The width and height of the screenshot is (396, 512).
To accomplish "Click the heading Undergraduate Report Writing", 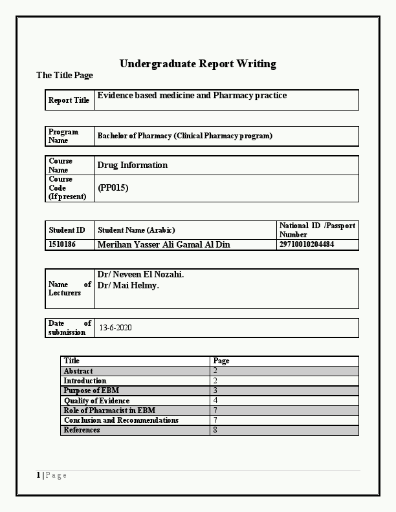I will point(197,63).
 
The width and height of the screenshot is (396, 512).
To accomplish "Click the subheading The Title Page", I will point(65,76).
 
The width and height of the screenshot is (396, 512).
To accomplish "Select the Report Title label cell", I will point(69,100).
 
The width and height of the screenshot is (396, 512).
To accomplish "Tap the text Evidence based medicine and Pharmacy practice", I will point(192,96).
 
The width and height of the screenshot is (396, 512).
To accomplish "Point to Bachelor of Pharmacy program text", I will point(184,136).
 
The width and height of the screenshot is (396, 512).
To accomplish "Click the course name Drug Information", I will point(132,165).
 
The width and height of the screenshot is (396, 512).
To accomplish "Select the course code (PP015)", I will point(113,188).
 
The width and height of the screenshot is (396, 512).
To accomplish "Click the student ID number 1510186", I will point(62,245).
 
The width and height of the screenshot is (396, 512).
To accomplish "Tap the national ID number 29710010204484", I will point(307,245).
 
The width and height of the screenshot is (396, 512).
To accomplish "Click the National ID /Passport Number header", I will point(317,229).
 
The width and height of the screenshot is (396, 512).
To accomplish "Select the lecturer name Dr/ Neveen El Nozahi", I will point(140,275).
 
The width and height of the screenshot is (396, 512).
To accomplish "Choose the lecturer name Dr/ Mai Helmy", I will point(128,285).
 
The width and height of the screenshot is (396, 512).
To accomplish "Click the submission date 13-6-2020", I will point(116,328).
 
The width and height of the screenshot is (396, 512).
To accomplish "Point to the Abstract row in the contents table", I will point(78,371).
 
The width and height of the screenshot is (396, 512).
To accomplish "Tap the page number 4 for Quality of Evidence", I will point(215,401).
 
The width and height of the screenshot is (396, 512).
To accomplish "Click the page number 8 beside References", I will point(215,430).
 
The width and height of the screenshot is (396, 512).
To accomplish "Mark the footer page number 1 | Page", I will point(52,475).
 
